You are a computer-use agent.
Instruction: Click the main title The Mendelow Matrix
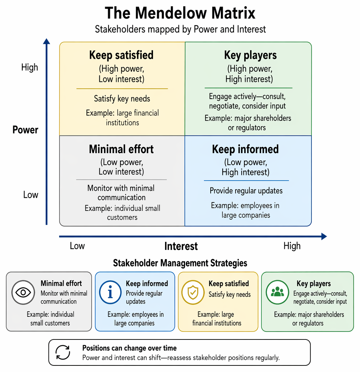[180, 13]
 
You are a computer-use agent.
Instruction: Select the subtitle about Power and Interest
[180, 29]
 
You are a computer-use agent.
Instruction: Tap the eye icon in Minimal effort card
[23, 292]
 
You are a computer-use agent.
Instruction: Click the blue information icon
[110, 292]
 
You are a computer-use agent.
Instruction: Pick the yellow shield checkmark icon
[193, 292]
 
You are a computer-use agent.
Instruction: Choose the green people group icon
[277, 292]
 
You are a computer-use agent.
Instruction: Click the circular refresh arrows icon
[63, 352]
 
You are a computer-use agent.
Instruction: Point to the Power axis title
[25, 130]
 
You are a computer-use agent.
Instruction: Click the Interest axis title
[181, 246]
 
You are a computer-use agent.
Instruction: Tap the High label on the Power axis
[30, 67]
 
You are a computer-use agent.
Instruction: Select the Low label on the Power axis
[31, 194]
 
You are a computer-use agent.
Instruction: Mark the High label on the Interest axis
[292, 246]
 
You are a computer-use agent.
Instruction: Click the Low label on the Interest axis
[77, 246]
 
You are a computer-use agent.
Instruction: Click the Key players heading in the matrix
[250, 55]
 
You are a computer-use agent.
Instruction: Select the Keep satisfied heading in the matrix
[121, 55]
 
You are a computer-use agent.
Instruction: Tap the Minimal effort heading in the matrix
[121, 149]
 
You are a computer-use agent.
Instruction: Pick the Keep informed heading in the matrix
[245, 149]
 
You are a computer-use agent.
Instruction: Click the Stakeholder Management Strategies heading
[180, 263]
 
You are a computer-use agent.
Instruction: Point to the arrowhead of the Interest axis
[324, 236]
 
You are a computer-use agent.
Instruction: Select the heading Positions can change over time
[129, 348]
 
